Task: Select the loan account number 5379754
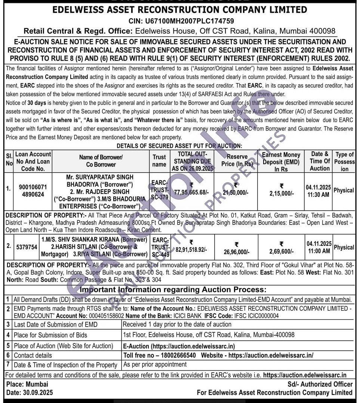click(27, 247)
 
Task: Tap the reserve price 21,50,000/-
click(236, 192)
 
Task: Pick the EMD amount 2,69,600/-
click(281, 252)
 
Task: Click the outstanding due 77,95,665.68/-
click(191, 192)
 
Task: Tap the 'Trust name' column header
click(159, 161)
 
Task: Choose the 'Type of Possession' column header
click(344, 161)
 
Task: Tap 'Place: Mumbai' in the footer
click(27, 384)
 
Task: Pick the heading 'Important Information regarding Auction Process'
click(173, 290)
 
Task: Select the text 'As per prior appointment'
click(155, 364)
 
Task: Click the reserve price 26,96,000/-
click(237, 252)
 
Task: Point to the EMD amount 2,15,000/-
click(281, 194)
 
